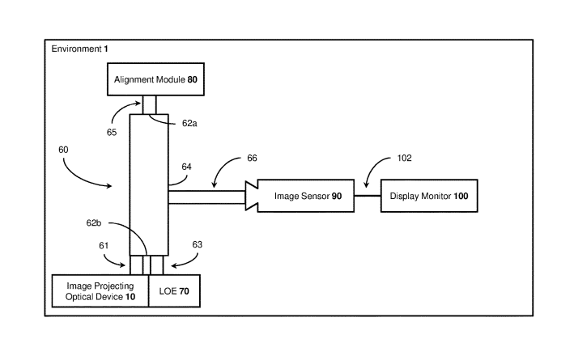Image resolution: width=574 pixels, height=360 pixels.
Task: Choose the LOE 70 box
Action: coord(173,290)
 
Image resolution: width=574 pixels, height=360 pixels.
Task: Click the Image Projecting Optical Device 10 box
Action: coord(100,290)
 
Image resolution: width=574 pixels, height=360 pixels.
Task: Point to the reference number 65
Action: coord(111,132)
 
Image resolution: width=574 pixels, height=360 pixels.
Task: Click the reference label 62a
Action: coord(189,124)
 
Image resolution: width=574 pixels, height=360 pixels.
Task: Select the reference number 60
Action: coord(63,150)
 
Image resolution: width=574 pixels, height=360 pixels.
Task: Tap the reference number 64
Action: coord(186,167)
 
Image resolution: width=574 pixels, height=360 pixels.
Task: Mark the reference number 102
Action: coord(405,159)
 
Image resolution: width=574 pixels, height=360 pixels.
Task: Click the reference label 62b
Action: coord(117,221)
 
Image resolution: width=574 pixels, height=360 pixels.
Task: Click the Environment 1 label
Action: coord(79,49)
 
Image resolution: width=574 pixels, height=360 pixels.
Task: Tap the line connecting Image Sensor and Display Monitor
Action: coord(368,196)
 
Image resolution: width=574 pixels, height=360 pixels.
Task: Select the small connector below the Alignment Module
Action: coord(149,104)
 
